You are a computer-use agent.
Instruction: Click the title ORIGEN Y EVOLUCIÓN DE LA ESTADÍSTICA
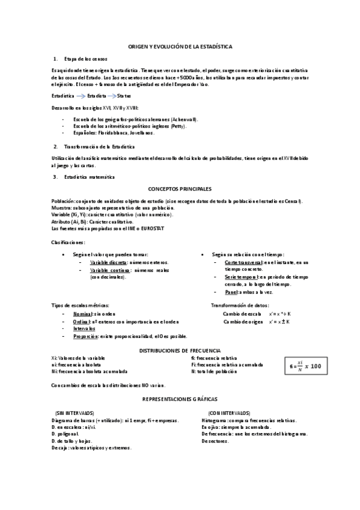pyautogui.click(x=180, y=46)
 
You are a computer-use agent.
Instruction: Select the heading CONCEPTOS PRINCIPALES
pyautogui.click(x=180, y=188)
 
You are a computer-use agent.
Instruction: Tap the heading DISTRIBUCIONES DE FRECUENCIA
pyautogui.click(x=180, y=349)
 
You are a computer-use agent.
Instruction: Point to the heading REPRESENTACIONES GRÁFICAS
pyautogui.click(x=180, y=399)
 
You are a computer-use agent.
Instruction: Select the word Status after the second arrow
pyautogui.click(x=124, y=96)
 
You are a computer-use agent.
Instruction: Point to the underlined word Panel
pyautogui.click(x=231, y=292)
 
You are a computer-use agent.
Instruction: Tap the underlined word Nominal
pyautogui.click(x=83, y=315)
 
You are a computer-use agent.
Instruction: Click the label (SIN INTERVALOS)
pyautogui.click(x=75, y=413)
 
